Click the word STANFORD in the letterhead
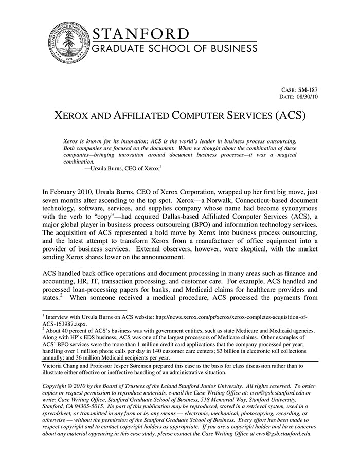[141, 34]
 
